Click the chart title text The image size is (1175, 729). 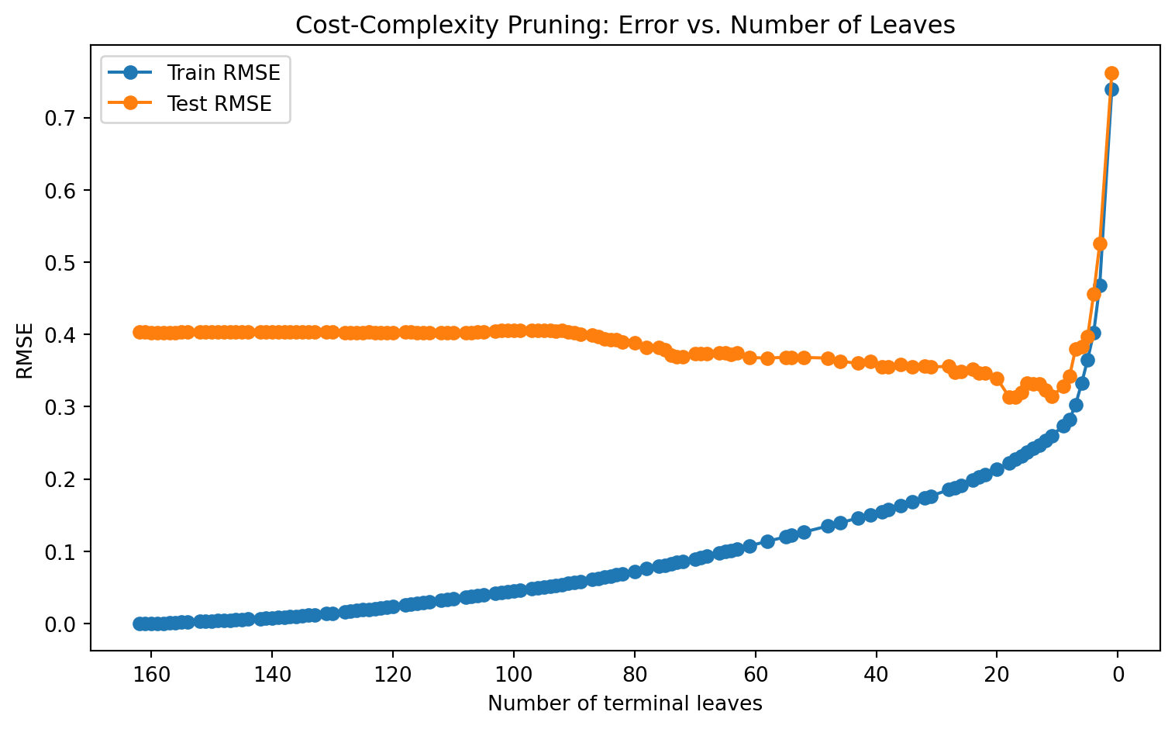pos(625,25)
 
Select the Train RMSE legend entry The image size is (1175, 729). pos(195,72)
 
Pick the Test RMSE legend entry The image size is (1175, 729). pos(190,103)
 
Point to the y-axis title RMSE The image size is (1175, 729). pos(25,351)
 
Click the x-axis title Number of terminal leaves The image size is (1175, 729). pos(625,703)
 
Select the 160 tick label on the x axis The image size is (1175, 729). pos(151,675)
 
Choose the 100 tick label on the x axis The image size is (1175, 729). pos(514,675)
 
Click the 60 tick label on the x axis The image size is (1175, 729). pos(756,675)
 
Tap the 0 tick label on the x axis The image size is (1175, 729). pos(1118,675)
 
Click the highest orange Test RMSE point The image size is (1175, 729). pos(1112,73)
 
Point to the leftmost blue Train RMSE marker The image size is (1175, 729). pos(139,624)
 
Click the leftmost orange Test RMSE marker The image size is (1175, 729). pos(139,332)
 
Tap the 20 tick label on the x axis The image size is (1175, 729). pos(998,675)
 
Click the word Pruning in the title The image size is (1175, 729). pos(557,26)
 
